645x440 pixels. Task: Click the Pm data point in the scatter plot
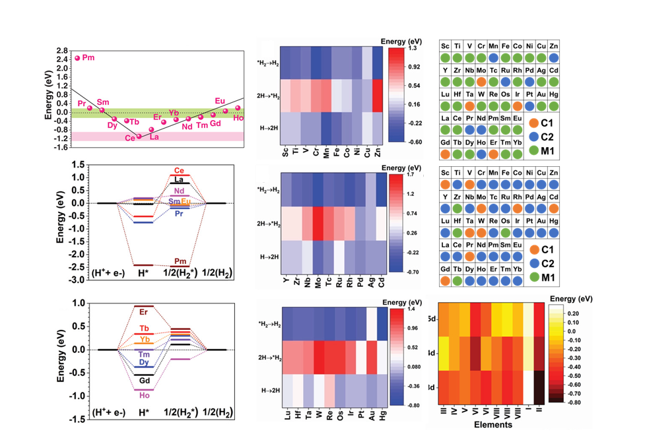[x=77, y=58]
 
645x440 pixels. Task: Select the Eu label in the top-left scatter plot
[x=220, y=101]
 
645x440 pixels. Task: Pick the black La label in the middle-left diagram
[x=179, y=179]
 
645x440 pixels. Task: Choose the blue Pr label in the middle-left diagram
[x=179, y=214]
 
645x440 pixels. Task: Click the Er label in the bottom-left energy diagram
[x=144, y=311]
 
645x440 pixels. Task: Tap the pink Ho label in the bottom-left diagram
[x=144, y=396]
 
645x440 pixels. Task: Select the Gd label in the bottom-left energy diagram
[x=144, y=380]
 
